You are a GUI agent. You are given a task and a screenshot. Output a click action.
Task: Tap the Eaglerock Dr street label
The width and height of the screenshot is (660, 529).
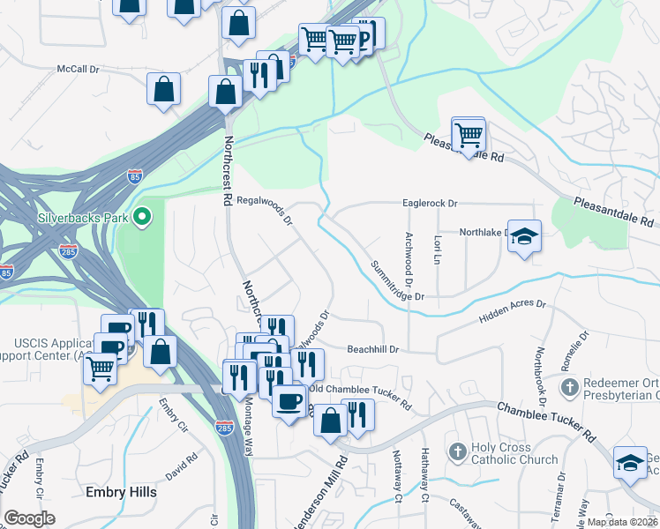(x=431, y=204)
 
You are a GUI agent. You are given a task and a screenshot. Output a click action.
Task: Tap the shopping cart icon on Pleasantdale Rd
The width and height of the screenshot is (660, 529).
(x=468, y=135)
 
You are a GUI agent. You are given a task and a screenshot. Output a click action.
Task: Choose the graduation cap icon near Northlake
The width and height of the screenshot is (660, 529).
(x=524, y=235)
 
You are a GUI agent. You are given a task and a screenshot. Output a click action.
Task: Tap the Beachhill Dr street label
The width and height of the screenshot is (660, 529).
(x=373, y=349)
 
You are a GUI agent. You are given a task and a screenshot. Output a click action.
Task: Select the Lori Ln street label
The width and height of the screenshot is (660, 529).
(x=437, y=250)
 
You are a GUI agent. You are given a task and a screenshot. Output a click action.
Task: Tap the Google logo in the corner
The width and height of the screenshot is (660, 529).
(x=30, y=518)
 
